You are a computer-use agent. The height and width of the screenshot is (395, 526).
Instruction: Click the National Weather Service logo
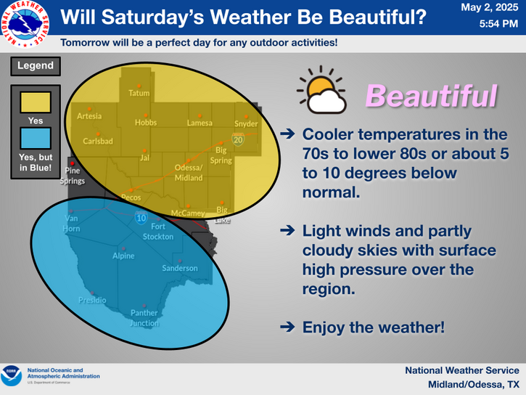click(25, 24)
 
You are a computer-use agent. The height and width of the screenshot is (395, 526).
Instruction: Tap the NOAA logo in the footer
click(11, 376)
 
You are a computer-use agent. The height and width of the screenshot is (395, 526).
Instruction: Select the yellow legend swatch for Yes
click(36, 102)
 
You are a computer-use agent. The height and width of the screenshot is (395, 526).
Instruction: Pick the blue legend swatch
click(36, 138)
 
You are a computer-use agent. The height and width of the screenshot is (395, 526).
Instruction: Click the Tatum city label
click(139, 93)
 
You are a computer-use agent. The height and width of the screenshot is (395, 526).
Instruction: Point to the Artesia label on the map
click(89, 116)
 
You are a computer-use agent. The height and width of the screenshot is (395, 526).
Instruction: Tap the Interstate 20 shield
click(238, 139)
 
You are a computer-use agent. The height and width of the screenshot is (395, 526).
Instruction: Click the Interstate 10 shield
click(141, 218)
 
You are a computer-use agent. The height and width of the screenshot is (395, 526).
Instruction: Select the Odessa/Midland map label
click(189, 173)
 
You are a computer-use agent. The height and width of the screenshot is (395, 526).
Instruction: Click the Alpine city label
click(123, 256)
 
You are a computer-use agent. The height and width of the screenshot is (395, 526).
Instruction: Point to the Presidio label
click(92, 300)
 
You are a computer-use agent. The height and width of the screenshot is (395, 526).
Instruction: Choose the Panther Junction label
click(144, 318)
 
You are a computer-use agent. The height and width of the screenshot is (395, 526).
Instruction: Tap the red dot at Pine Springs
click(72, 163)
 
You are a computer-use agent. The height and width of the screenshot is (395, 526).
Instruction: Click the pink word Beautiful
click(432, 96)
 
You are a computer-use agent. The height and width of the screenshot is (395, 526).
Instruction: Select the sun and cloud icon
click(321, 90)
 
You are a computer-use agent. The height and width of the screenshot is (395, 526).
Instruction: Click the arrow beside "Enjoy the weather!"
click(287, 327)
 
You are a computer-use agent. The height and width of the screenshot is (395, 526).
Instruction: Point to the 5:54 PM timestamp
click(498, 24)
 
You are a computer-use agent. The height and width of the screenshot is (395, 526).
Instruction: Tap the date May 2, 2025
click(490, 7)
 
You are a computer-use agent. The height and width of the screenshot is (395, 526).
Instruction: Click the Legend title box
click(36, 66)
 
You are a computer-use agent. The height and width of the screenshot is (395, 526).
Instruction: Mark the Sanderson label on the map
click(180, 268)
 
